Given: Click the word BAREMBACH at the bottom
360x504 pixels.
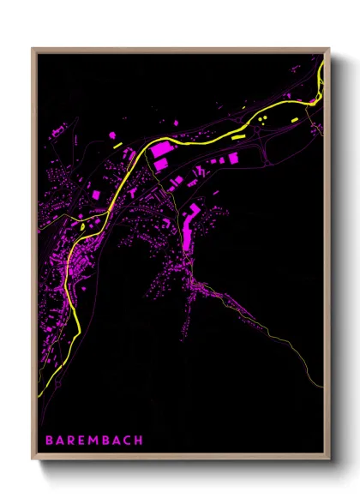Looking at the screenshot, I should pyautogui.click(x=94, y=440).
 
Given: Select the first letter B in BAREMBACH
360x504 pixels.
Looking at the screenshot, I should pyautogui.click(x=50, y=440).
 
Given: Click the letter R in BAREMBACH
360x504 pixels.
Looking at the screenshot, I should pyautogui.click(x=70, y=440).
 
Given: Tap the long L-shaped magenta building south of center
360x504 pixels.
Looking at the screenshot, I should pyautogui.click(x=188, y=225).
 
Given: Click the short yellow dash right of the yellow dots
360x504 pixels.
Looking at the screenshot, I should pyautogui.click(x=292, y=114).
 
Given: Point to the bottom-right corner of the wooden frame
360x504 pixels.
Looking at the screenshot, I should pyautogui.click(x=327, y=459).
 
